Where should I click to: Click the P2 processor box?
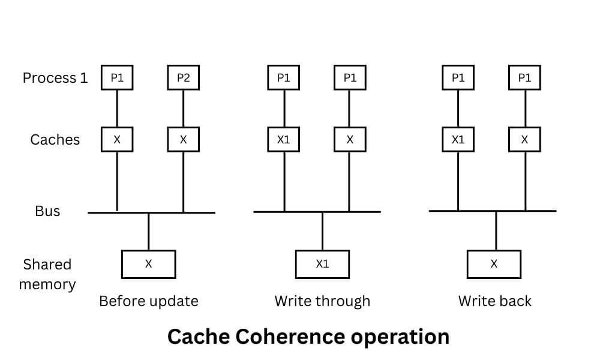tap(183, 78)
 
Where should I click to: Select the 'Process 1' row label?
tap(55, 78)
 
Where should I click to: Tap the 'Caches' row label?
tap(55, 140)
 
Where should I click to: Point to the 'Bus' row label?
tap(47, 211)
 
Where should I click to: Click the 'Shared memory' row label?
tap(47, 274)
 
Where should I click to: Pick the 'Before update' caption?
tap(148, 301)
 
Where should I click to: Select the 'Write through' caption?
tap(322, 301)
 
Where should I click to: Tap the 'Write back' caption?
tap(494, 301)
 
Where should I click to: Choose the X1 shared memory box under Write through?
tap(322, 264)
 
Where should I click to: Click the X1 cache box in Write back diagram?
tap(458, 140)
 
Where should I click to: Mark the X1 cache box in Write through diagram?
tap(284, 140)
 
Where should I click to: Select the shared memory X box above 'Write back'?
tap(494, 264)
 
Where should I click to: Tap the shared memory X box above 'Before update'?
tap(148, 264)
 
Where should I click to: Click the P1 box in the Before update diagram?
tap(117, 78)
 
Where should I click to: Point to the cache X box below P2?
tap(183, 140)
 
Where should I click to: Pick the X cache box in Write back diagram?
tap(524, 140)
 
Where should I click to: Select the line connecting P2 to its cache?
tap(183, 109)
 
